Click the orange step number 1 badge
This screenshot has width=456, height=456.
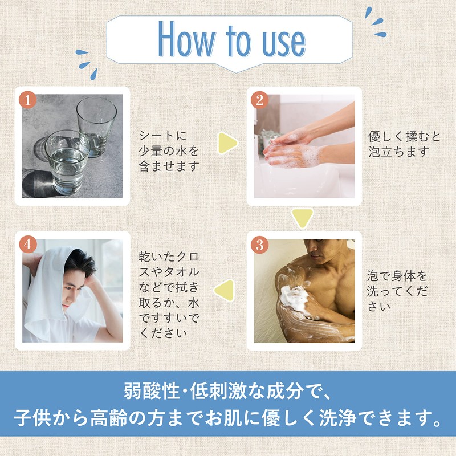tap(27, 100)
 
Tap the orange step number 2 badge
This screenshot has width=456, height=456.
tap(259, 100)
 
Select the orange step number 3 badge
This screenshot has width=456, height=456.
tap(259, 245)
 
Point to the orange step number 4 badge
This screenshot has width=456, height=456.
tap(27, 245)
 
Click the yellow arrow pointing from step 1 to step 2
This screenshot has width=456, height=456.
tap(227, 143)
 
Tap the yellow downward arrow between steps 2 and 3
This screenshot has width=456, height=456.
tap(303, 218)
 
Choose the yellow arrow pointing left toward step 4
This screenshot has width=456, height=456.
tap(225, 290)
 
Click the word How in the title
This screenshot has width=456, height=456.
tap(186, 39)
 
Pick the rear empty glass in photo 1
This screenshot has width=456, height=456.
tap(96, 127)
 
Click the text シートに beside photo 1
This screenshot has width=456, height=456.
tap(162, 136)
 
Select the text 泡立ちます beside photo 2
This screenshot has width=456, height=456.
tap(398, 152)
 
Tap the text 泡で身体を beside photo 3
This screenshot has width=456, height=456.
tap(396, 276)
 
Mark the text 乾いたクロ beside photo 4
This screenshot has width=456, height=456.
tap(169, 257)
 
